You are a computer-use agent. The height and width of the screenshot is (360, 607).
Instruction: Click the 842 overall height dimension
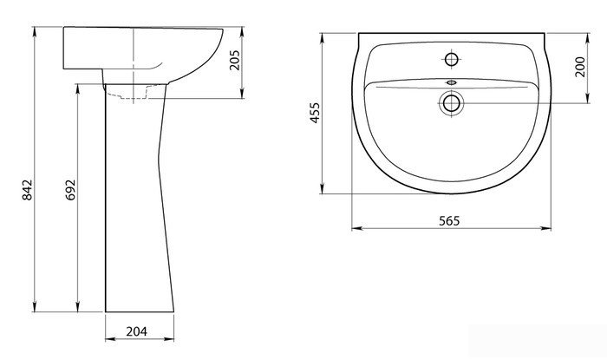28,190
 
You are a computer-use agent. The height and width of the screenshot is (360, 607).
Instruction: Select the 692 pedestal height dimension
71,190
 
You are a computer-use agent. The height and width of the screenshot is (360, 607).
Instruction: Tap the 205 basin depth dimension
235,60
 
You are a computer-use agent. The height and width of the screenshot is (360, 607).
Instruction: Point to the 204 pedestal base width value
137,331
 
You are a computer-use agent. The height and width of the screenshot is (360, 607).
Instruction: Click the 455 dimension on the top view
315,113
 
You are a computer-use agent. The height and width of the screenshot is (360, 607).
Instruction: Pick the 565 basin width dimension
449,220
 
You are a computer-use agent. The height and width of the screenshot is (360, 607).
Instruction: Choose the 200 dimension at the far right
580,67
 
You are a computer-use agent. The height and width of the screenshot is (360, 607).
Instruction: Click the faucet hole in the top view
452,59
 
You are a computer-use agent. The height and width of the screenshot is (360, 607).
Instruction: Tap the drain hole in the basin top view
452,103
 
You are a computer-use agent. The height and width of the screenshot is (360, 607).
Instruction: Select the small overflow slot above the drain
452,82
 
